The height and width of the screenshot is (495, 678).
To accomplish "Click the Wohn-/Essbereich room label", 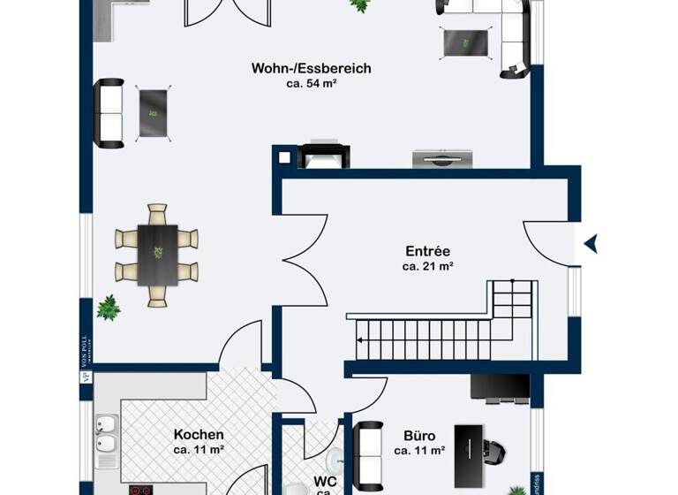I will [x=311, y=68].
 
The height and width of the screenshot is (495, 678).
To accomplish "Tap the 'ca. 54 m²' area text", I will [x=311, y=84].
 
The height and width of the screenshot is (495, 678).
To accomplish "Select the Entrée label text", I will [x=427, y=250].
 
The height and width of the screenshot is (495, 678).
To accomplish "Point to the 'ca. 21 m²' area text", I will [x=427, y=266].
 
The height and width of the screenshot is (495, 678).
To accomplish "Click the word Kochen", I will [x=198, y=435].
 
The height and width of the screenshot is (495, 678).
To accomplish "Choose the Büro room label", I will [x=419, y=436].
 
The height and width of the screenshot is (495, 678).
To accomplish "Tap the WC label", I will [x=324, y=483].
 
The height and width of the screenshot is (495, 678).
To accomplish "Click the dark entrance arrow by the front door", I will [x=591, y=243].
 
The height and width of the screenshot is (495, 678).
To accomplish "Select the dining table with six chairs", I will [x=157, y=255].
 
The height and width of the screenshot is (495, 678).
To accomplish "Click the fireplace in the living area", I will [x=324, y=156].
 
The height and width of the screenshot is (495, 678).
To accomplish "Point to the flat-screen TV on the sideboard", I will [x=442, y=159].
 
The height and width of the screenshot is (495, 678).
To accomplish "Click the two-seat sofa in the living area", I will [x=110, y=113].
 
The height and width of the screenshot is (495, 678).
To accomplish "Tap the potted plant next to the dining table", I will [x=109, y=308].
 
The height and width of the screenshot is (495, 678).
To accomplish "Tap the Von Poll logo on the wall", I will [x=86, y=358].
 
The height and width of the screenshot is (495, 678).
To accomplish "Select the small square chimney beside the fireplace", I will [x=284, y=158].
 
